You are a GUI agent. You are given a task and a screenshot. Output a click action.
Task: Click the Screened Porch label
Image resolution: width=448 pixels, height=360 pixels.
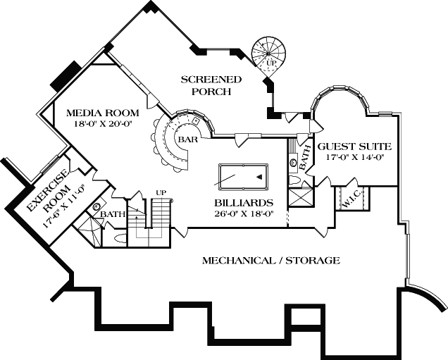click(211, 85)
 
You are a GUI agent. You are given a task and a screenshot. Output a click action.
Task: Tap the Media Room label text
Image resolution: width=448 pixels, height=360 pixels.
click(102, 113)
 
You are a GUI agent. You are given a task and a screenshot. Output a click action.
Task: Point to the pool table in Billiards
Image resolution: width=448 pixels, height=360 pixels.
click(244, 176)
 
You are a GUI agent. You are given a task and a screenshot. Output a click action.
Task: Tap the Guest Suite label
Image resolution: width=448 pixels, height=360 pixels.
click(353, 147)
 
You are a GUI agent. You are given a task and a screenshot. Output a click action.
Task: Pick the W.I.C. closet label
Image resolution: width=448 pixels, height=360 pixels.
click(351, 201)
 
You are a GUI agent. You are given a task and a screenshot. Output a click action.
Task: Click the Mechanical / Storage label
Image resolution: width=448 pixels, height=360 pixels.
click(271, 261)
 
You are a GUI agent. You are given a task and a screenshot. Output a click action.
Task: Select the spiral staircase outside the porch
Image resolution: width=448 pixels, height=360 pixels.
click(267, 52)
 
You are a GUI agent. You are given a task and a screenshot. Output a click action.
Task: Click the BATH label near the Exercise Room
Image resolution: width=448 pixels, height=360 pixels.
click(113, 214)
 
